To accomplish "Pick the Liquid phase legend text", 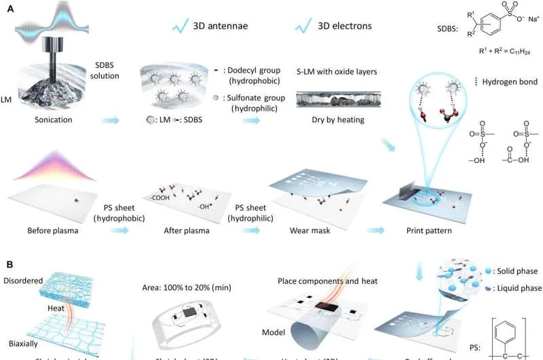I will point(517,288).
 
